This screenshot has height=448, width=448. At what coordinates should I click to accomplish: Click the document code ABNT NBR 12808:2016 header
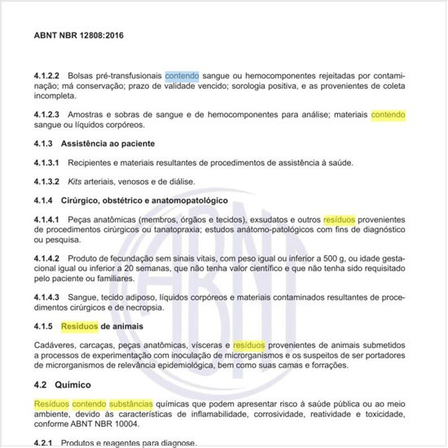click(x=79, y=37)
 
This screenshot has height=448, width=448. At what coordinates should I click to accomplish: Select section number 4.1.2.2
click(x=49, y=75)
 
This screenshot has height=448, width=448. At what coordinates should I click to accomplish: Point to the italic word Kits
click(x=77, y=181)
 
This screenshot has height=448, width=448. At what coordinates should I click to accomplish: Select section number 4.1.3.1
click(x=49, y=163)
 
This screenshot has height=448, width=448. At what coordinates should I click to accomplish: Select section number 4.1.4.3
click(x=49, y=298)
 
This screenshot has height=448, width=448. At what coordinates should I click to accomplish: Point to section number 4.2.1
click(x=46, y=443)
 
